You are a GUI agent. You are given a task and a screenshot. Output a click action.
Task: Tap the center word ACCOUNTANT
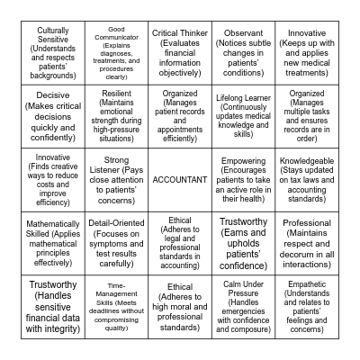[180, 179]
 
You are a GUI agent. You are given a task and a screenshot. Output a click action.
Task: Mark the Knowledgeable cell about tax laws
[307, 179]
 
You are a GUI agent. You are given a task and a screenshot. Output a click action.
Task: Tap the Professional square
[307, 244]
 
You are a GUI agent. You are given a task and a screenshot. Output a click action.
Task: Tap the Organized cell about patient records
[180, 114]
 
